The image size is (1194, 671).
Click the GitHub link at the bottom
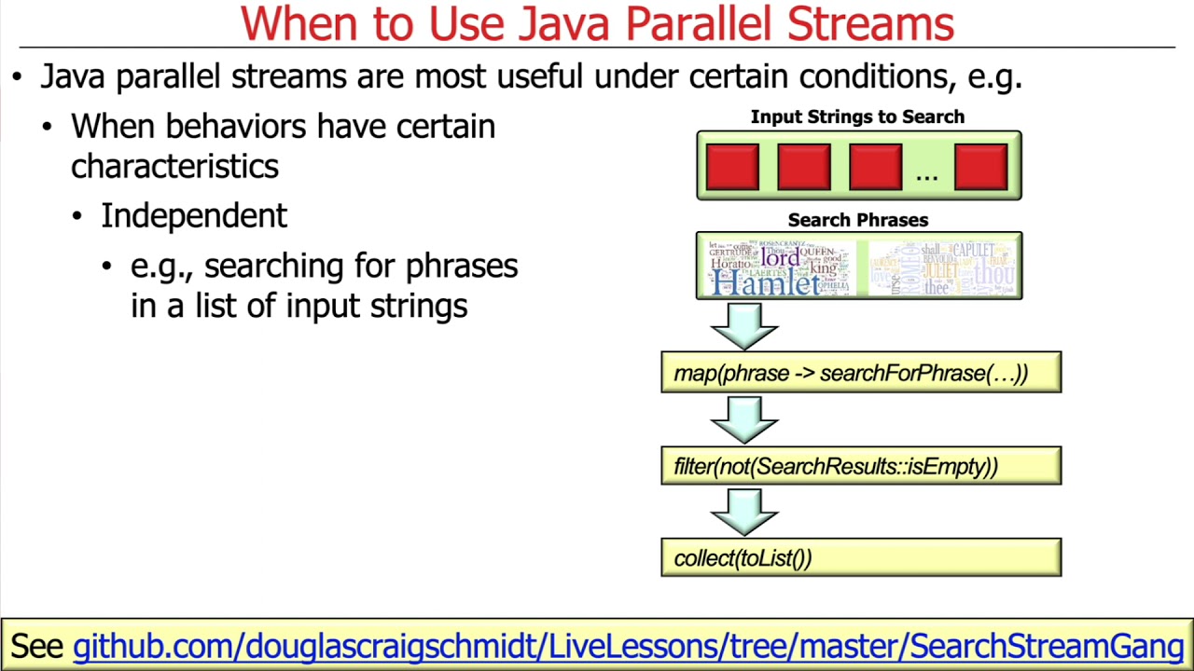pos(628,646)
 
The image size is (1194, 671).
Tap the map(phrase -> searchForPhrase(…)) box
pos(860,373)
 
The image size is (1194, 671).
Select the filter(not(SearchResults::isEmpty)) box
pos(860,466)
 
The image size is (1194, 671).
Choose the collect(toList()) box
pos(860,558)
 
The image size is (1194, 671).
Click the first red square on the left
pos(732,167)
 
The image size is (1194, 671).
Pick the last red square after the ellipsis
pos(980,167)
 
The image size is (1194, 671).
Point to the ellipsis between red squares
pos(926,174)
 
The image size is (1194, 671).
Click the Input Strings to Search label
pos(857,117)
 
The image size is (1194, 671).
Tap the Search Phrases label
pos(857,221)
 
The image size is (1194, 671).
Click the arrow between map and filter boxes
pos(743,418)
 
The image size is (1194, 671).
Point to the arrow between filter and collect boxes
pos(743,511)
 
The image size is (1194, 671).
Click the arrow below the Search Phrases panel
pos(743,324)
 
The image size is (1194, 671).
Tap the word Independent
pos(194,216)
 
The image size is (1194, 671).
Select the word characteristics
pos(174,167)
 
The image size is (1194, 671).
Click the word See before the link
pos(37,646)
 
